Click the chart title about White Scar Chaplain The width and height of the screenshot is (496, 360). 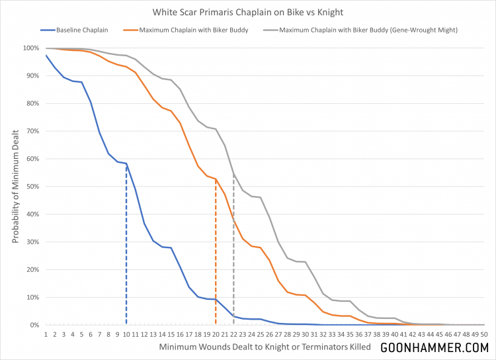point(248,12)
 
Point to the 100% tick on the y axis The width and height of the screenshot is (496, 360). point(32,48)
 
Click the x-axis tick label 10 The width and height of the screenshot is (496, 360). point(126,334)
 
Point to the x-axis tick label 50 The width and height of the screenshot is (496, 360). point(484,334)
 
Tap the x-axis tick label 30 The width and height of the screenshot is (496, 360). point(306,334)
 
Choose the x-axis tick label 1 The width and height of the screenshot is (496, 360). point(46,334)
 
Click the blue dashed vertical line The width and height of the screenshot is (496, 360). point(126,251)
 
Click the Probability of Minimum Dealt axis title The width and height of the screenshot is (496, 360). point(14,187)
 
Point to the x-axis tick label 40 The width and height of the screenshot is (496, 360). point(395,334)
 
